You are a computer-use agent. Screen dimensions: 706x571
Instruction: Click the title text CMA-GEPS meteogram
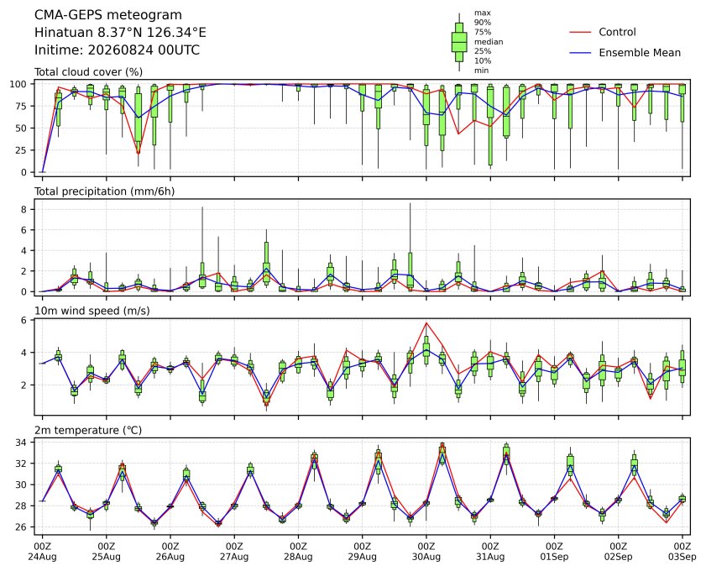(108, 15)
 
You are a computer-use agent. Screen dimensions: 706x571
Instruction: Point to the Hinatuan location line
(120, 33)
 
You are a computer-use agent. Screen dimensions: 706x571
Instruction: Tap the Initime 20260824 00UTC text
(117, 50)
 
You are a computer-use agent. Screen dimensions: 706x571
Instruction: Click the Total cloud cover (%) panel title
(89, 72)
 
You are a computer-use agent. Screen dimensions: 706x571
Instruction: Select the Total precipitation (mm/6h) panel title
(104, 191)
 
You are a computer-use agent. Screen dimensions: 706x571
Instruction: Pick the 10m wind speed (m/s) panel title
(92, 311)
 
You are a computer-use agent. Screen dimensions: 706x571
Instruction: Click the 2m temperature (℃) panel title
(88, 430)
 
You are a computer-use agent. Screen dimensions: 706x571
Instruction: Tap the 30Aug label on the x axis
(426, 557)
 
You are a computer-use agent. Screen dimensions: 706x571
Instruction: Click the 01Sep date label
(554, 557)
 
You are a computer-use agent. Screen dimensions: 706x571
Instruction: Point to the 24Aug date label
(42, 557)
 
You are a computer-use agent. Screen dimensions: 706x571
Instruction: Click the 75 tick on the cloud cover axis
(20, 107)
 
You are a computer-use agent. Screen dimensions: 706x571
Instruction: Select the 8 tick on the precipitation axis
(24, 209)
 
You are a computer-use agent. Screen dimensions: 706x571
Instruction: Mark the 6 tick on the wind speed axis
(24, 320)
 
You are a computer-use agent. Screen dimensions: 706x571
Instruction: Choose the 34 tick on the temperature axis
(21, 443)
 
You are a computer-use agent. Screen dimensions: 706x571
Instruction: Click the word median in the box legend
(489, 42)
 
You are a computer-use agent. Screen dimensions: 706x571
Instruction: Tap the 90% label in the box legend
(482, 23)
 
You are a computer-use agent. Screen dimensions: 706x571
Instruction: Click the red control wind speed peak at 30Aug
(426, 322)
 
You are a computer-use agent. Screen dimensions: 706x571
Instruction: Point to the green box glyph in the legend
(459, 42)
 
